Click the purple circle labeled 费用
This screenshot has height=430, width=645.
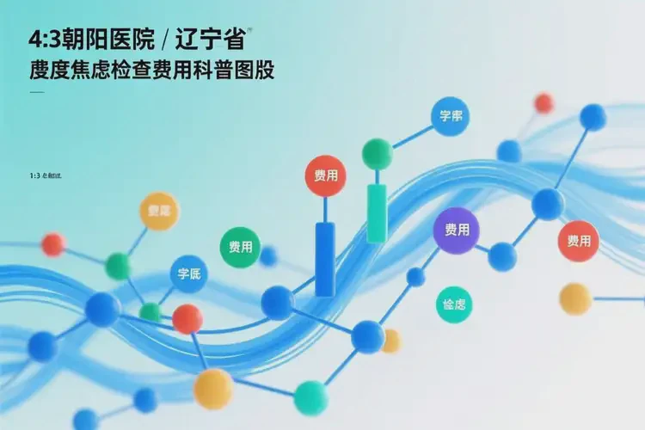coord(455,230)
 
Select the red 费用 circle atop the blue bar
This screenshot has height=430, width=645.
coord(326,176)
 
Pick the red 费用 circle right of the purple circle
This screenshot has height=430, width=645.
coord(578,241)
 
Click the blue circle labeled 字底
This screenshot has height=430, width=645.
coord(188,275)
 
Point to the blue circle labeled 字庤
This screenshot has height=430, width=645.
coord(451,116)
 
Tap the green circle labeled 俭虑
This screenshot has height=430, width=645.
coord(453,305)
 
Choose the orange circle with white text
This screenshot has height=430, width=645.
coord(159,211)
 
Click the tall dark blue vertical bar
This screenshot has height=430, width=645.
coord(325,259)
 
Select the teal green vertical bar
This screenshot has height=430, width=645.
coord(377,212)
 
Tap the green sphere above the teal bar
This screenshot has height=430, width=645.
coord(377,154)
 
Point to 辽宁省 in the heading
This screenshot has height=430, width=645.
coord(214,40)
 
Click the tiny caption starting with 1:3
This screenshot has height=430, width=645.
coord(46,175)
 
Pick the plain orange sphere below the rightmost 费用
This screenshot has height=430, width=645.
coord(574,298)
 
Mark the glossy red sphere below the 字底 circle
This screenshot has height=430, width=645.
coord(187,319)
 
